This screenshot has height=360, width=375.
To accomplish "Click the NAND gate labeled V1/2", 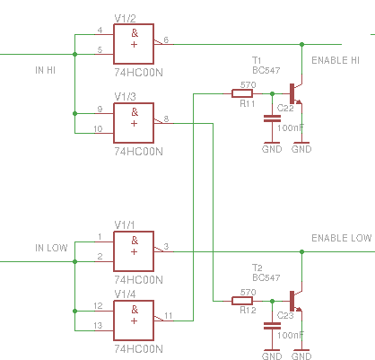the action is [134, 44].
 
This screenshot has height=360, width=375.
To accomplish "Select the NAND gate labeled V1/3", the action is [134, 123].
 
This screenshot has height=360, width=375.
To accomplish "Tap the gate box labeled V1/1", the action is [134, 251].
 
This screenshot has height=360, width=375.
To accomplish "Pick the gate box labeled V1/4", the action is [134, 320].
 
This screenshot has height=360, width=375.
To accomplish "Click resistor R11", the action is [242, 93].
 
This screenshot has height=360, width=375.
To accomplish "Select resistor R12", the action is [242, 301].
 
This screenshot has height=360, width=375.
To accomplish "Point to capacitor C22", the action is [272, 119].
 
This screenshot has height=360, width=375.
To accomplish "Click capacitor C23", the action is [272, 326].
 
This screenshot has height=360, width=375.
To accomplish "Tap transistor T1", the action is [296, 93].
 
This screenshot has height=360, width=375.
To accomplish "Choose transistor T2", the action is [296, 301].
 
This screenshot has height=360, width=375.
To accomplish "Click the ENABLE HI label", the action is [336, 60].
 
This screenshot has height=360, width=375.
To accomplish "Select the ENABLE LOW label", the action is [342, 238].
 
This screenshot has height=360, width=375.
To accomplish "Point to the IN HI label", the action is [45, 70].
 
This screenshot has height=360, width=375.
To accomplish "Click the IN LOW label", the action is [51, 248].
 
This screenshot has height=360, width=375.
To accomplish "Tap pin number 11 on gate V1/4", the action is [169, 316].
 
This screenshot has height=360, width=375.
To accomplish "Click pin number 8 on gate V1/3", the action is [166, 119].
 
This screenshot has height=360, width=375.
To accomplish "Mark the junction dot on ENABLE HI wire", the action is [301, 44].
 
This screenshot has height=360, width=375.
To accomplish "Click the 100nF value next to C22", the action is [291, 127].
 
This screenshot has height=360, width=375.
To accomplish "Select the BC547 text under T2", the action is [266, 277].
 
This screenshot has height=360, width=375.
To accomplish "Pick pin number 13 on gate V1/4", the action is [98, 325].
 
